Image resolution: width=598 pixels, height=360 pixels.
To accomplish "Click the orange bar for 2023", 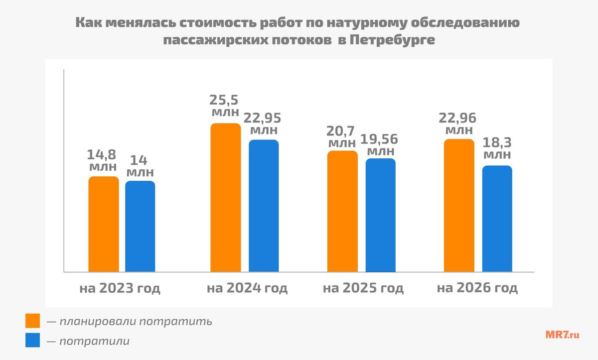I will pos(104,224).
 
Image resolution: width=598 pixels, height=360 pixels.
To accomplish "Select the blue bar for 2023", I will pos(140,227).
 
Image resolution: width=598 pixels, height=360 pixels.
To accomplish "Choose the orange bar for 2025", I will pos(342,211).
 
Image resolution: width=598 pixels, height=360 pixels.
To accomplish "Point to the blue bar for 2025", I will pos(380,215).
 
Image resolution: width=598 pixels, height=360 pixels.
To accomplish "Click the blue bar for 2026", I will pos(497,219).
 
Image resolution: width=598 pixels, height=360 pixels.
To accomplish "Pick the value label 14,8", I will pos(103,153).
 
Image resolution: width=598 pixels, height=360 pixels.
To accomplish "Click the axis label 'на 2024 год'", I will pos(247,288).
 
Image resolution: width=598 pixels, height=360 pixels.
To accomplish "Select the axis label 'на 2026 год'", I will pos(477,288).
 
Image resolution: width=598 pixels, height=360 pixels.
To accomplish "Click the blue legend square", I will pos(32,341).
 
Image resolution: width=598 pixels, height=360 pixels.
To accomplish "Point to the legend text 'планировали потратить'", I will pos(136,321).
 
